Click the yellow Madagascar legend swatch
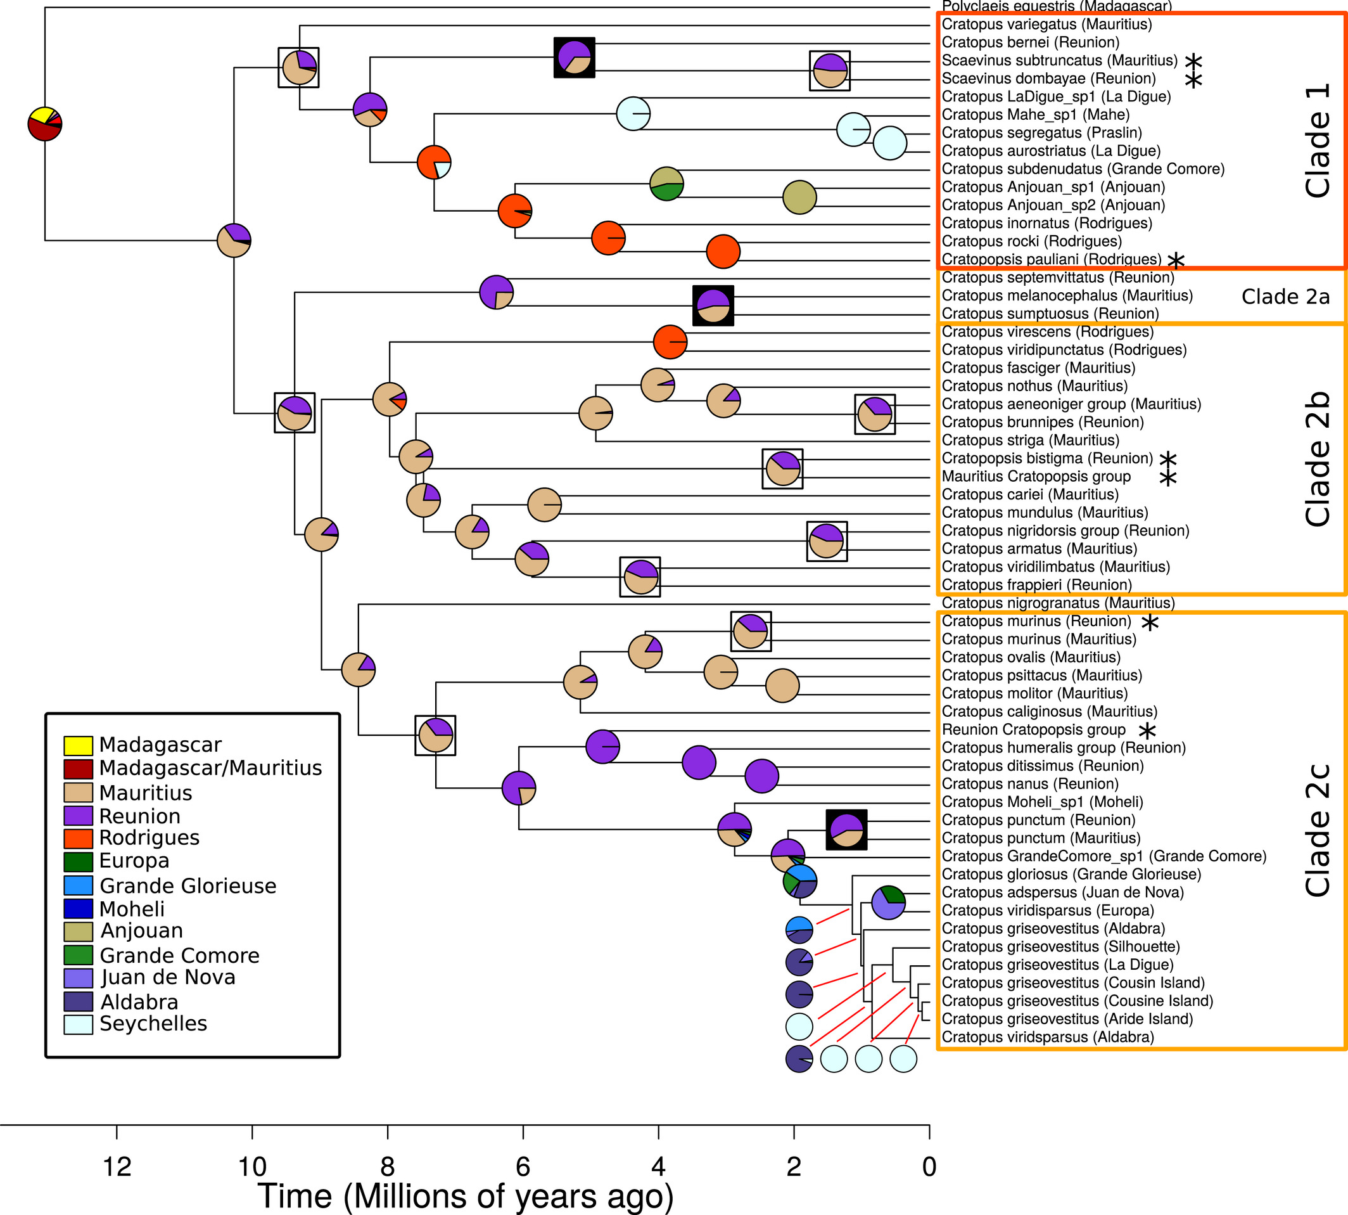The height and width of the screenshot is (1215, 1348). pos(77,745)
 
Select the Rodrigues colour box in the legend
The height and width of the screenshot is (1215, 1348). pos(77,838)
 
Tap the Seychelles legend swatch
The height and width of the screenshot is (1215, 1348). pos(77,1024)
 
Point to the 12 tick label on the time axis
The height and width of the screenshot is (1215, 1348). pos(117,1166)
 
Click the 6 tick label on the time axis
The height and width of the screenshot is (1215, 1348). pos(523,1166)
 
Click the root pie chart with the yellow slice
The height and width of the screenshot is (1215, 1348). pos(45,124)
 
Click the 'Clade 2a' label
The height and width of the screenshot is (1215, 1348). pos(1285,297)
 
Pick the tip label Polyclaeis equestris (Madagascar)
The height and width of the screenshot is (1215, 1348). pos(1057,7)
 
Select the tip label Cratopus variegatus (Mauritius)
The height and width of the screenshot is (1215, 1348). pos(1046,25)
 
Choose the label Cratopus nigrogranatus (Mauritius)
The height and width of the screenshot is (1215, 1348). pos(1058,603)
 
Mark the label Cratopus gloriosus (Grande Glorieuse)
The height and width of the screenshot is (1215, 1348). pos(1071,874)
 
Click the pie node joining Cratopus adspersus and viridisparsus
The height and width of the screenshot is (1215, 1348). pos(888,903)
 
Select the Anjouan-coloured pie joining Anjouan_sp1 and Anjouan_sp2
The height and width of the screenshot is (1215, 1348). pos(799,197)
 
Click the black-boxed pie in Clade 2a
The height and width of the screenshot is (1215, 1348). pos(713,305)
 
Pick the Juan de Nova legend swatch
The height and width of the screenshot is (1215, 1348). pos(77,978)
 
